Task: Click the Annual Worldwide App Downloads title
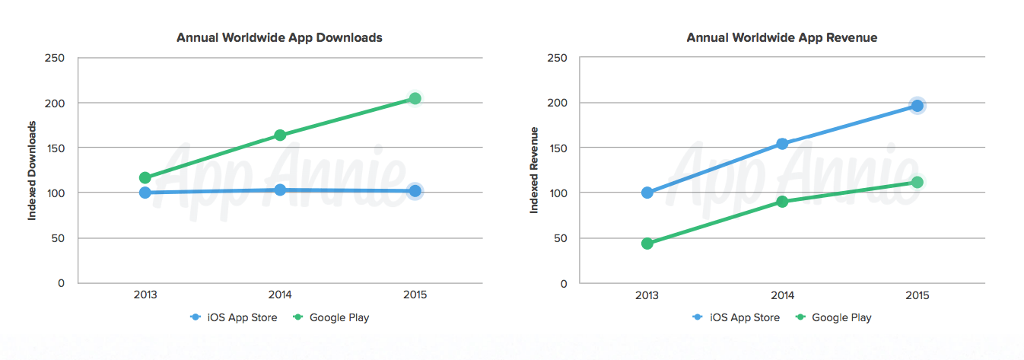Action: [x=279, y=37]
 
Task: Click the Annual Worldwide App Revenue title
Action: [x=781, y=37]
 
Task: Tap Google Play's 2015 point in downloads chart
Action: [x=415, y=99]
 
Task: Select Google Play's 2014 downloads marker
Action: [x=280, y=135]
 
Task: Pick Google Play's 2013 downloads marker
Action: [x=145, y=178]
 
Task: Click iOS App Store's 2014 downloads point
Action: [x=280, y=190]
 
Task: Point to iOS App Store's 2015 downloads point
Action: [x=415, y=191]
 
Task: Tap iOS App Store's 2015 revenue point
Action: [x=917, y=106]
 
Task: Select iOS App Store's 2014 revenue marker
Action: [x=782, y=144]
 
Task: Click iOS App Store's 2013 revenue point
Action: [x=647, y=193]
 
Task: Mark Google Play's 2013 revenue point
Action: [x=647, y=244]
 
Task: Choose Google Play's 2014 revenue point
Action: [x=782, y=202]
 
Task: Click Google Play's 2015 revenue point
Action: [x=917, y=183]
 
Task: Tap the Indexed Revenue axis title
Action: [x=535, y=170]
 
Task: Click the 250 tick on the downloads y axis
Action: [x=56, y=58]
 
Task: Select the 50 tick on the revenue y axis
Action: [x=561, y=238]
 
